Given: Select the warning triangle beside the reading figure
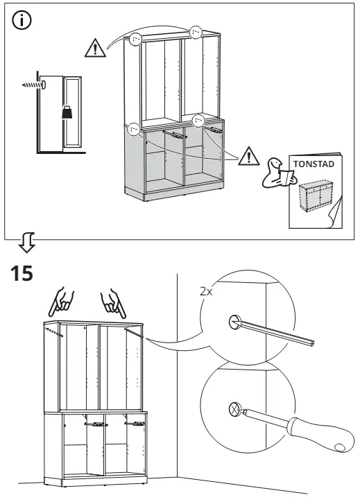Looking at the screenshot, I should [x=246, y=157].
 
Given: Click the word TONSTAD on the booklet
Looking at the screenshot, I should [x=314, y=165].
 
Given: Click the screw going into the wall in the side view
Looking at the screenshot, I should [x=32, y=83].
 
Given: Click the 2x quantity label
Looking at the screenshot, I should [x=206, y=293].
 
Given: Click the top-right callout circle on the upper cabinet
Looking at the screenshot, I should [x=196, y=31].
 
